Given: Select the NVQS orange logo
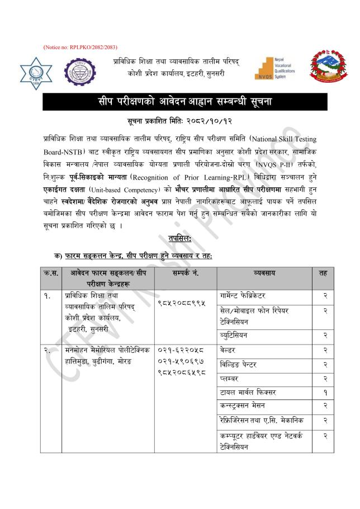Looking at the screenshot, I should pyautogui.click(x=273, y=68).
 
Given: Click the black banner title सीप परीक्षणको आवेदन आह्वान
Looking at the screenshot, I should pyautogui.click(x=179, y=102).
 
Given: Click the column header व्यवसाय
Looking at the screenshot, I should pyautogui.click(x=264, y=274).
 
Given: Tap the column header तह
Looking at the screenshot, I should pyautogui.click(x=323, y=274).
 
